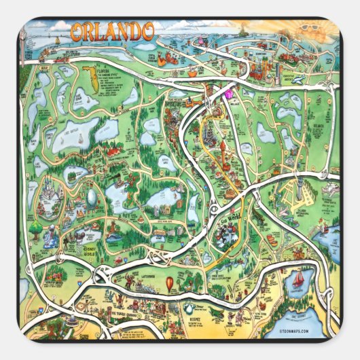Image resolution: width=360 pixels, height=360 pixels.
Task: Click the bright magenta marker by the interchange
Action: (228, 94)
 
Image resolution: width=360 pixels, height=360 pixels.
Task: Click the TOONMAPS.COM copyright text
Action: (303, 331)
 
